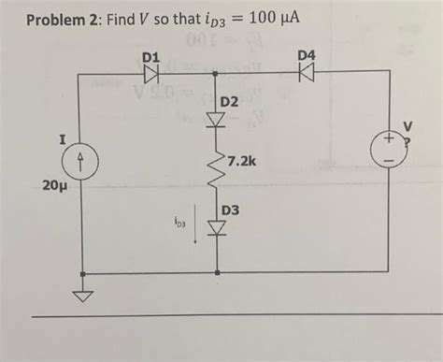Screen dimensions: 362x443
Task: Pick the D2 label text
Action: point(231,101)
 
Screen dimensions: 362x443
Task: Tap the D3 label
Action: point(231,210)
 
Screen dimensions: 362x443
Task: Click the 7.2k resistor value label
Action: point(240,162)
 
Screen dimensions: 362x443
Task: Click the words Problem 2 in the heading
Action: point(59,19)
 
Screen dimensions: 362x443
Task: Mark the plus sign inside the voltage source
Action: point(386,138)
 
